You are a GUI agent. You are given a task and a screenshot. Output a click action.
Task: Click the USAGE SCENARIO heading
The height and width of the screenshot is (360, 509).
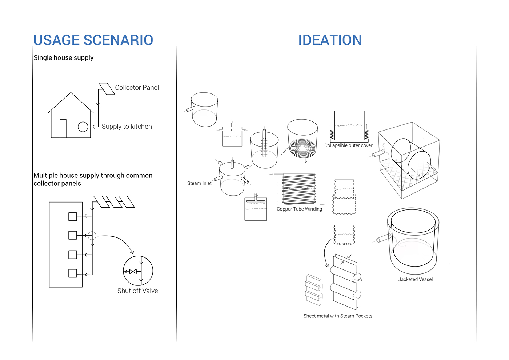point(93,40)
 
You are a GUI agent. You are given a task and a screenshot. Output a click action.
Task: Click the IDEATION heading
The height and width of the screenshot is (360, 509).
point(330,40)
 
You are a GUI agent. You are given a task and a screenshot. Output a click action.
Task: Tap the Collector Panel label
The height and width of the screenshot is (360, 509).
point(137,88)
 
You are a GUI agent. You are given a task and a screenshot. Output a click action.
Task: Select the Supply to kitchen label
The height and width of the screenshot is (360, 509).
point(127,127)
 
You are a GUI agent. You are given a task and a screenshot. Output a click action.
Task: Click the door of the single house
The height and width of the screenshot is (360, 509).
point(63,128)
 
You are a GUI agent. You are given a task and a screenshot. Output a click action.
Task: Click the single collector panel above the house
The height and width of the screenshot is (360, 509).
point(107,89)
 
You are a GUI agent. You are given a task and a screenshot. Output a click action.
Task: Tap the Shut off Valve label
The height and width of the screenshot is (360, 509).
point(137,291)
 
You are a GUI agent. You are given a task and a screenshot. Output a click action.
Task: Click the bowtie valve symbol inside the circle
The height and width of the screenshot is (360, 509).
point(133,271)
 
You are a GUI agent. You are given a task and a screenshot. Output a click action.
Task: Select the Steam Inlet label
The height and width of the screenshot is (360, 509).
point(199,183)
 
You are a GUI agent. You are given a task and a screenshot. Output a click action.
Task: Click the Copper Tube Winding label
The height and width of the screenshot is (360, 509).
point(299,209)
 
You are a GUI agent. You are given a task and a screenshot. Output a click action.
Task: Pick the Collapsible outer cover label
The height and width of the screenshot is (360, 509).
point(348,145)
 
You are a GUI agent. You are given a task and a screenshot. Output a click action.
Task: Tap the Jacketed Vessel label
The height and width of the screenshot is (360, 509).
point(415,279)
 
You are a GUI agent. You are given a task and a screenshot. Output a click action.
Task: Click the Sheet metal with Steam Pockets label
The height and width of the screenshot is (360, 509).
point(338,316)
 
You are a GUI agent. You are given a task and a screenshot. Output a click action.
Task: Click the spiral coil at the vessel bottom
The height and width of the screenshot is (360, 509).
point(302,148)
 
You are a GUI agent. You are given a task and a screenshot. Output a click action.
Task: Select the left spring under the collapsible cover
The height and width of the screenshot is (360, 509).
point(332,135)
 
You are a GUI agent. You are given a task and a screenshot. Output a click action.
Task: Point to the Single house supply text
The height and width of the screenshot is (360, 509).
point(63,58)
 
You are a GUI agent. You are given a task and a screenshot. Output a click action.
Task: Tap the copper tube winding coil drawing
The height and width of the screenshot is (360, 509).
point(298,189)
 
